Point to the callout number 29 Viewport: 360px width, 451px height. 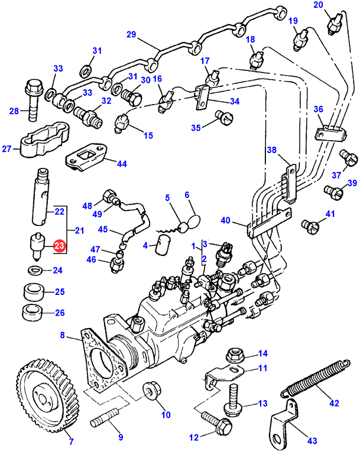(131, 35)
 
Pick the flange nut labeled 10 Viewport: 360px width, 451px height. (150, 391)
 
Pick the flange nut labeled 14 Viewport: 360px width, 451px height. (235, 355)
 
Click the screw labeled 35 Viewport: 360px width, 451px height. (222, 116)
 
